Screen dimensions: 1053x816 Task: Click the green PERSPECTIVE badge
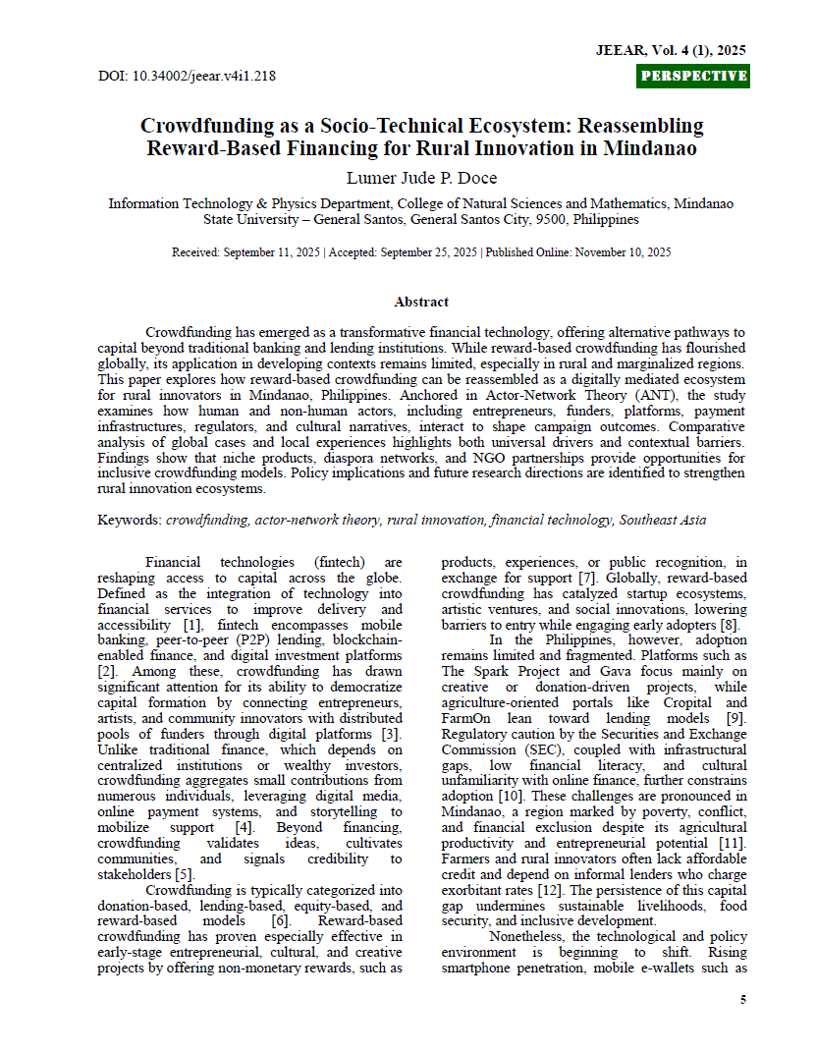692,76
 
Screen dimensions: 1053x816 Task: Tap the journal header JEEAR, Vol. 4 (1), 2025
671,49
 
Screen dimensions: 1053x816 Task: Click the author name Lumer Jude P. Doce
421,178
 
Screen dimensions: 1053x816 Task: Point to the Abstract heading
421,302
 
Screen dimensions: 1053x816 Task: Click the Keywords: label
130,520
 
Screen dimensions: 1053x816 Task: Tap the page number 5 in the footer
741,1000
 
